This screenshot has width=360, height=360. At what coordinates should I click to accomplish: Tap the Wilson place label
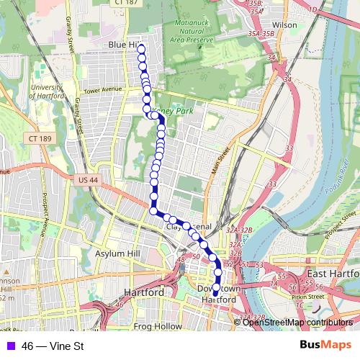pos(285,24)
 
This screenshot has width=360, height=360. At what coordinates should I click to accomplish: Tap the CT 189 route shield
pos(42,138)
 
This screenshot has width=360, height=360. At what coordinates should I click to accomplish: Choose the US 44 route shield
pos(84,180)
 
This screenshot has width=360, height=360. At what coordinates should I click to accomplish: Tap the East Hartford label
pos(332,274)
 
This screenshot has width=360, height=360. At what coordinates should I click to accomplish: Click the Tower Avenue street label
pos(101,91)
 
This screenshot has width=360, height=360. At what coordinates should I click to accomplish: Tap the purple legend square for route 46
pos(9,346)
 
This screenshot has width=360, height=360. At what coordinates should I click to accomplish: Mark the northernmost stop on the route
pos(141,48)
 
